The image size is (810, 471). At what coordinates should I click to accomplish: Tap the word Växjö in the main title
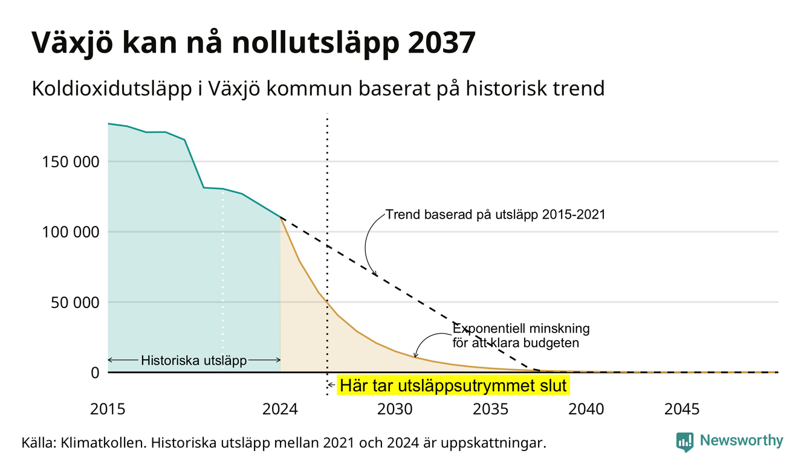tap(73, 43)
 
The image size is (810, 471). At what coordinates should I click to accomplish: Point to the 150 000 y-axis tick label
tap(71, 162)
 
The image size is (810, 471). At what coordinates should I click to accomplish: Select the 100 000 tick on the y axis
tap(71, 232)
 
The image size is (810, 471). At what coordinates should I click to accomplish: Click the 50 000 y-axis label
tap(75, 303)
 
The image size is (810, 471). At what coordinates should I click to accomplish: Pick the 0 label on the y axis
tap(95, 373)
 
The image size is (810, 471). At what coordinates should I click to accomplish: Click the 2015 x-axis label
tap(108, 409)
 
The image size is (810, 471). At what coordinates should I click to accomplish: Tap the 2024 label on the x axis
tap(280, 409)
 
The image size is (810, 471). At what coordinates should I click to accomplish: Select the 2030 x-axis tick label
tap(395, 409)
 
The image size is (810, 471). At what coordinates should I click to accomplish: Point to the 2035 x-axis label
tap(491, 409)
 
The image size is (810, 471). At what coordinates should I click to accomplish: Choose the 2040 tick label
tap(586, 409)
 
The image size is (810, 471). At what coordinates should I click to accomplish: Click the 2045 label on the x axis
tap(682, 409)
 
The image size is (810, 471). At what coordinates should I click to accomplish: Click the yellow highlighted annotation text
tap(453, 385)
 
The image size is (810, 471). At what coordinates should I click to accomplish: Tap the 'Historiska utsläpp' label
tap(194, 360)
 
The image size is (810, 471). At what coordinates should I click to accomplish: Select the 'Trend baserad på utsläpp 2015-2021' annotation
tap(496, 214)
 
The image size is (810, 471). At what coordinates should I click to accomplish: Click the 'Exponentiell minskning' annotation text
tap(521, 328)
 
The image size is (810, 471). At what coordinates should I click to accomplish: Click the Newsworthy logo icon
tap(685, 442)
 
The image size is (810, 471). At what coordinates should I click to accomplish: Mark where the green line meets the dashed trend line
tap(280, 217)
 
